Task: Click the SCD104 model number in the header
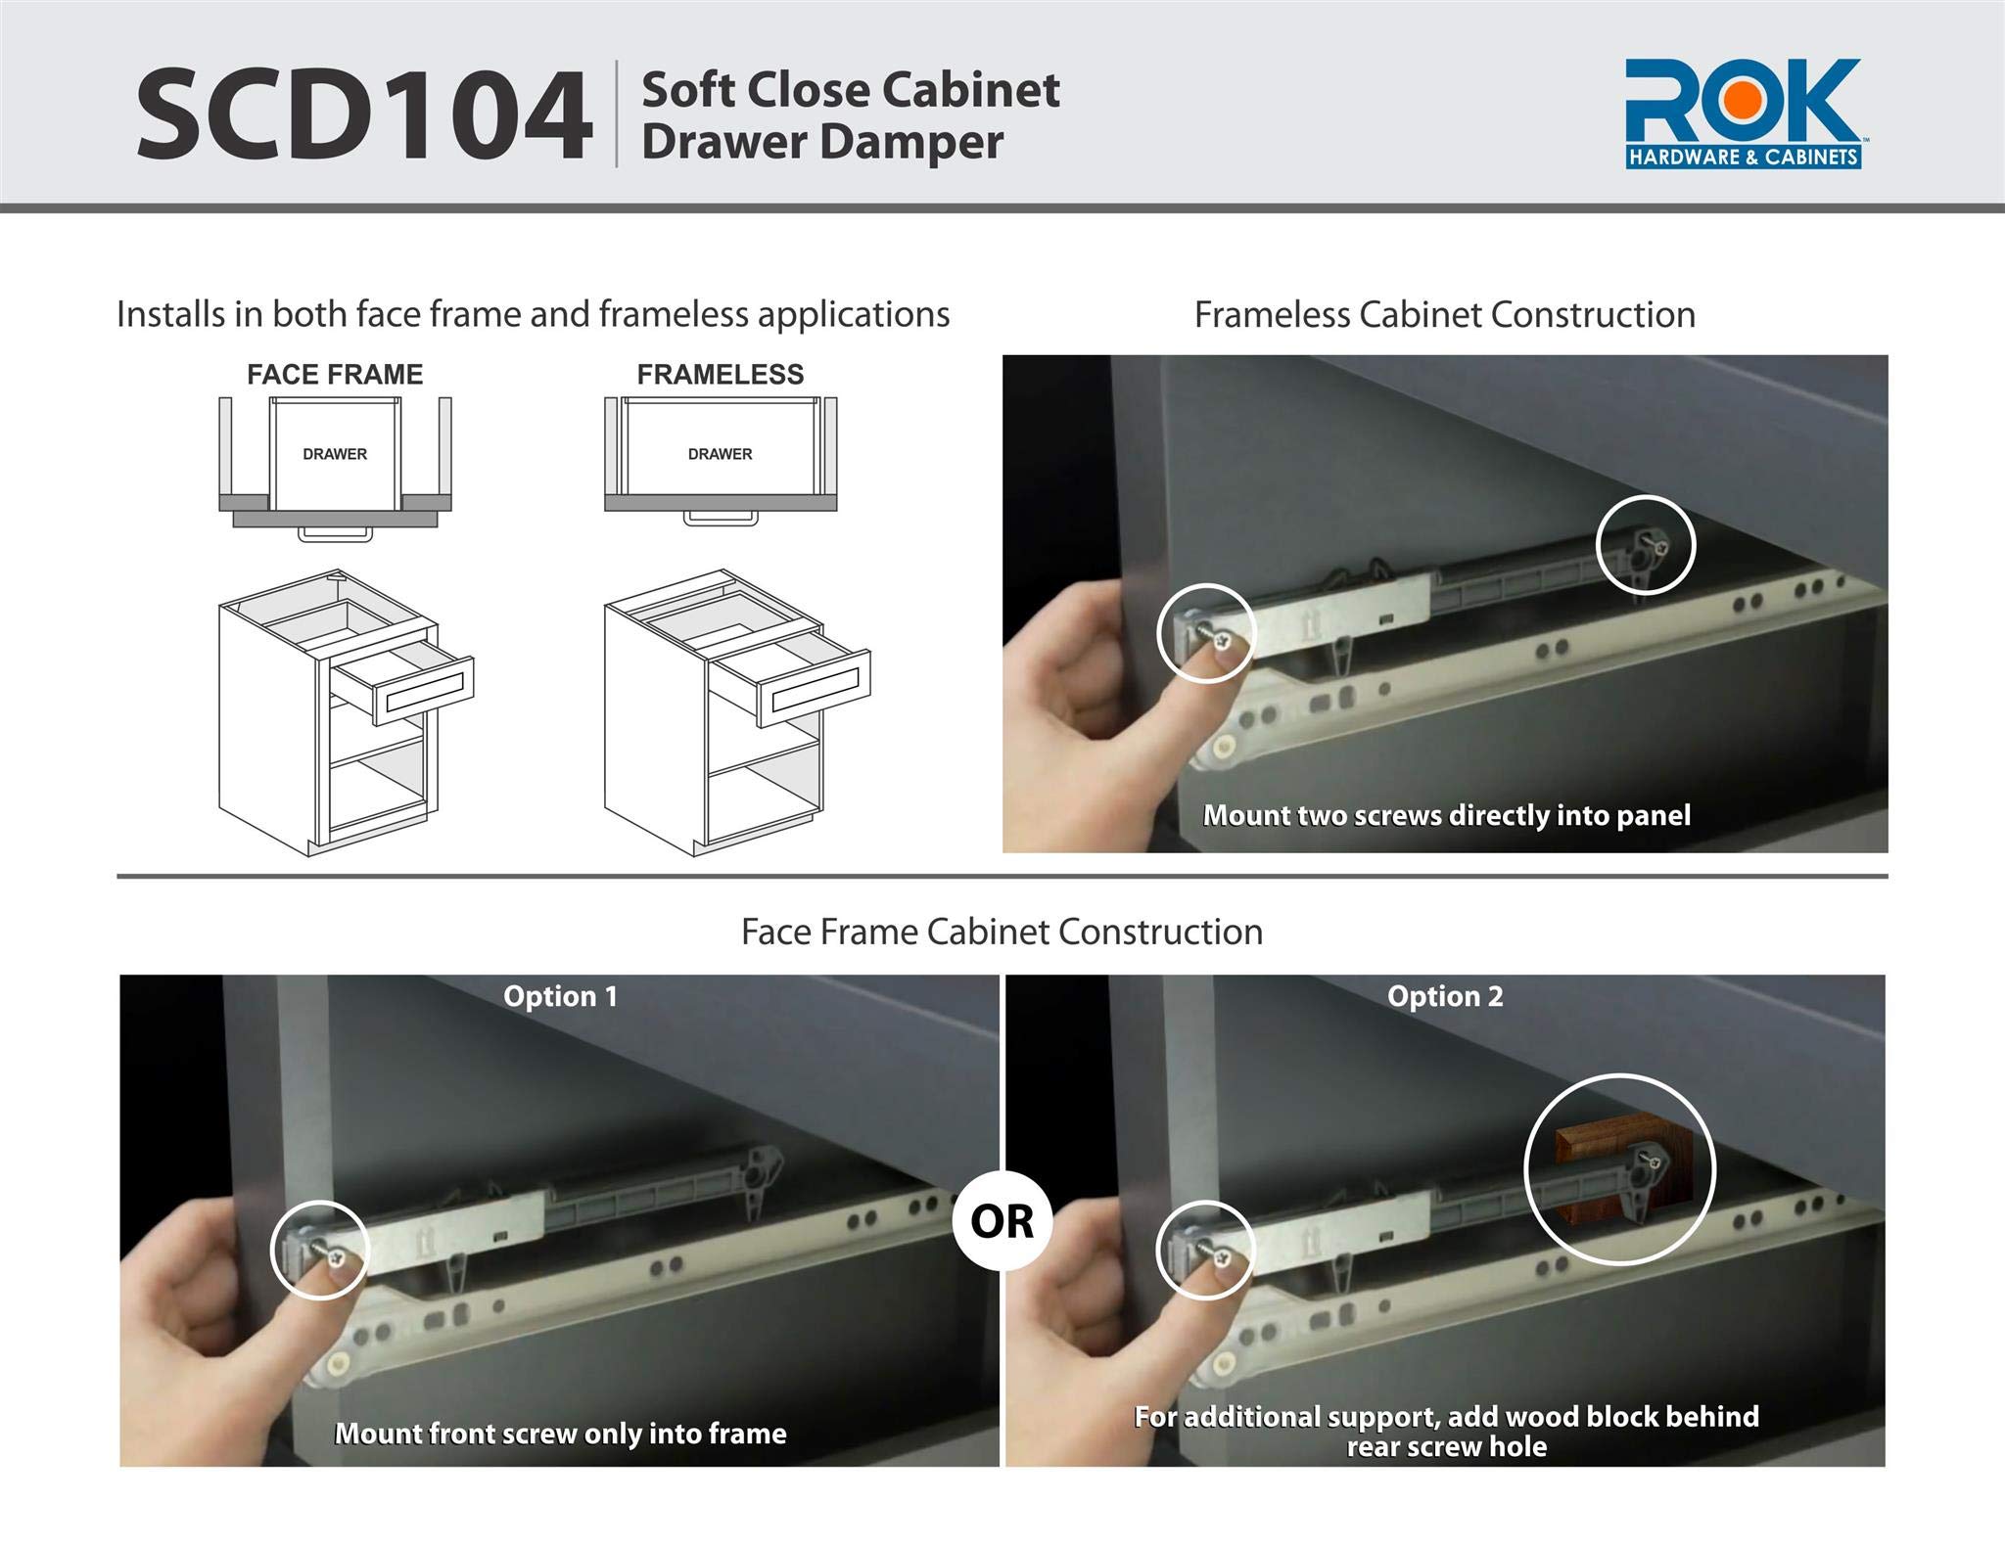click(363, 115)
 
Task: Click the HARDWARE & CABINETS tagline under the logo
click(1743, 157)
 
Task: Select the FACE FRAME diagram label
click(335, 375)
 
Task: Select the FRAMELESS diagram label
click(720, 375)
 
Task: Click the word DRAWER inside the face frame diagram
click(335, 454)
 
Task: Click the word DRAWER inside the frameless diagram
click(720, 454)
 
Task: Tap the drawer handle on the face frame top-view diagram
click(335, 534)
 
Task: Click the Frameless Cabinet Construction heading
click(1444, 315)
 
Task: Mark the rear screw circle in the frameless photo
click(1645, 545)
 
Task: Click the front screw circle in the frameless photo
click(1205, 633)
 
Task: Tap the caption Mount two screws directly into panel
click(1446, 815)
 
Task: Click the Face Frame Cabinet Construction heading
click(1002, 932)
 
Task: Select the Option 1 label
click(560, 996)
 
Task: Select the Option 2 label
click(1444, 996)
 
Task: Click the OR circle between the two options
click(1002, 1221)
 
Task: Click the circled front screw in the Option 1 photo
click(319, 1251)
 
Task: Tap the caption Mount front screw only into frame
click(560, 1434)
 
